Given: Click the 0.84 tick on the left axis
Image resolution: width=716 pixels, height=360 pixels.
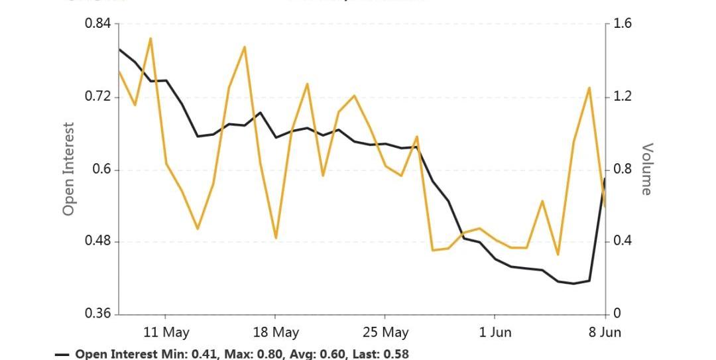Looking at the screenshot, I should point(99,25).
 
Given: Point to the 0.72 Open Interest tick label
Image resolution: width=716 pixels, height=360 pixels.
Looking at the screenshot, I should point(99,97).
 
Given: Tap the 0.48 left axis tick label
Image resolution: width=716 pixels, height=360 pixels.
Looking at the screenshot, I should point(99,241).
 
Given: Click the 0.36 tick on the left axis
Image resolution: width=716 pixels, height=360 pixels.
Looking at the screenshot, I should point(99,314).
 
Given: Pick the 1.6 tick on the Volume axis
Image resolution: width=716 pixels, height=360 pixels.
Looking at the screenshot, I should point(623,25).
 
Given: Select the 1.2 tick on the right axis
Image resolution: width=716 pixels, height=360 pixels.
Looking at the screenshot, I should point(623,97).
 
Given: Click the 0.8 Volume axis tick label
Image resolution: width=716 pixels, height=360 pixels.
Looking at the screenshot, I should point(623,169).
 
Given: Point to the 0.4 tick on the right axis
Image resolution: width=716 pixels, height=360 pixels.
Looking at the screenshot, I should point(623,241).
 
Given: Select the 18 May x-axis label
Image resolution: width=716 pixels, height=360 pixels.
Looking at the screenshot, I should point(276,332).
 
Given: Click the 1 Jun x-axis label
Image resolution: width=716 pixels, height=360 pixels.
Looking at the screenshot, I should point(495,332).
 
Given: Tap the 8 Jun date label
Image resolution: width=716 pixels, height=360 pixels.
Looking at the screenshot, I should point(605,332).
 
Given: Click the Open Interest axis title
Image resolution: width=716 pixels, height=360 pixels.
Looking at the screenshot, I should point(68,169).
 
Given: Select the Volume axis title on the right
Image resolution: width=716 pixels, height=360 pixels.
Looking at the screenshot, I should point(646,169).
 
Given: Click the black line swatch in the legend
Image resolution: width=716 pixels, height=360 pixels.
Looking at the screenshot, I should point(62,355).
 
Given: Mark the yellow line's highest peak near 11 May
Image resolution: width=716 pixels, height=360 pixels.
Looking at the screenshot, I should point(150,38).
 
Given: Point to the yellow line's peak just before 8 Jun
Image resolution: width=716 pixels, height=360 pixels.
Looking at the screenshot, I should point(589,88).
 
